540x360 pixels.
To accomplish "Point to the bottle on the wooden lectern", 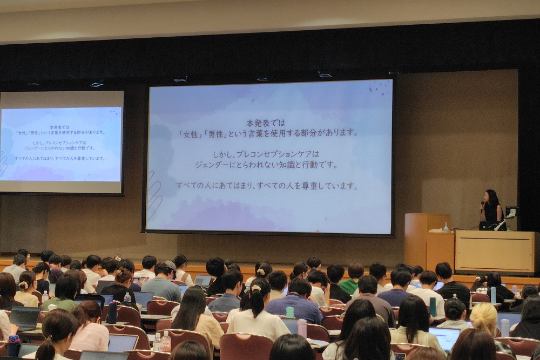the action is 446,227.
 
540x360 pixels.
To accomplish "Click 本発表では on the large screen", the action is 266,123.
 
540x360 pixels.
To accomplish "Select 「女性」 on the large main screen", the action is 190,133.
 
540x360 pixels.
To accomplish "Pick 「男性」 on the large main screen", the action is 215,133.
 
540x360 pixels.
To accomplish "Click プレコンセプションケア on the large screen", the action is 274,154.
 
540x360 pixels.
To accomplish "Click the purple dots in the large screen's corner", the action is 379,87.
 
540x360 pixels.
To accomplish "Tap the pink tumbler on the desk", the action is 302,328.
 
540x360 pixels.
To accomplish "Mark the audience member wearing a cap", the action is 162,281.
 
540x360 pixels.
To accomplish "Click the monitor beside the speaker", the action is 511,212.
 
